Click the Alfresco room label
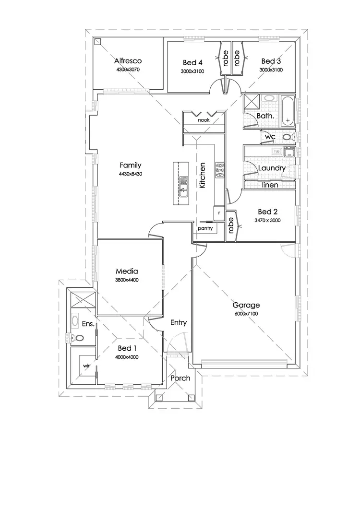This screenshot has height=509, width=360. click(x=128, y=61)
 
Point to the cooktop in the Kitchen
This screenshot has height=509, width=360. click(x=219, y=170)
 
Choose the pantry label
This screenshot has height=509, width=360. click(x=205, y=229)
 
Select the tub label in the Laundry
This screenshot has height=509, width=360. click(x=276, y=151)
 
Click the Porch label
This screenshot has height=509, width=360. click(x=180, y=378)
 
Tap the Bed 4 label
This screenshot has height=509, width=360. click(x=193, y=62)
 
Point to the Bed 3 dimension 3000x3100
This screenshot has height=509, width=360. click(x=271, y=70)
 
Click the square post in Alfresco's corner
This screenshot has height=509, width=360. click(x=98, y=42)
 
